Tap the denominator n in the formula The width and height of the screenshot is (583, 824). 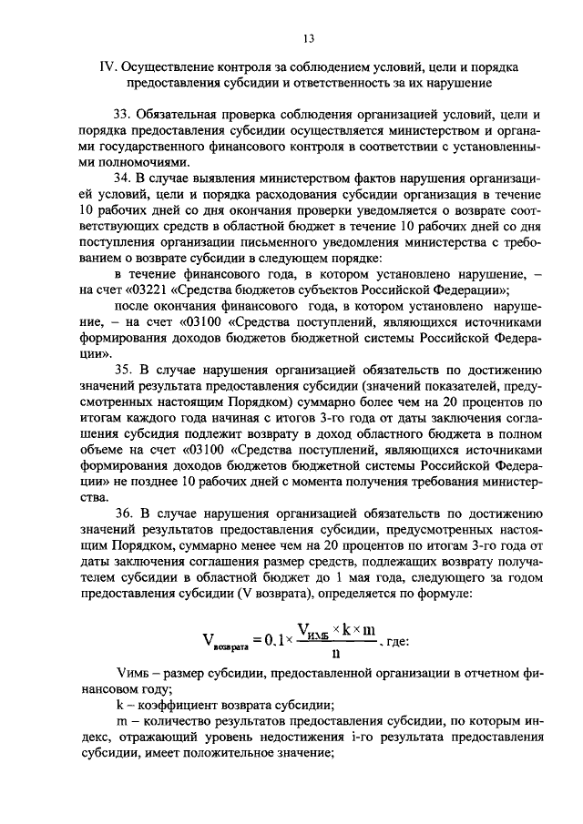click(336, 654)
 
